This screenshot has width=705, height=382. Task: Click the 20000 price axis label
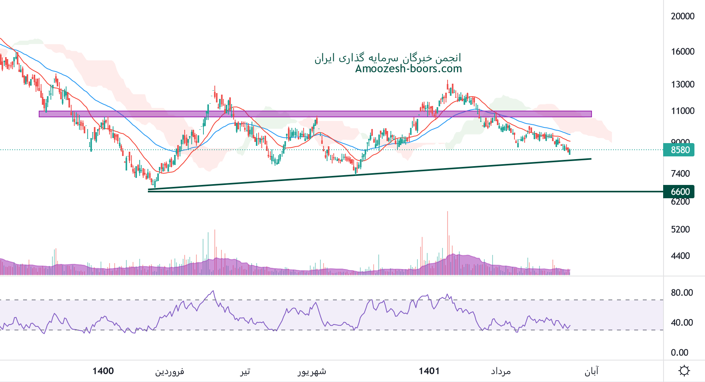(x=682, y=16)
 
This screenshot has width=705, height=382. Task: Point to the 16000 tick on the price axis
(x=682, y=52)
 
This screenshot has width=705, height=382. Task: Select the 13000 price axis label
(x=682, y=84)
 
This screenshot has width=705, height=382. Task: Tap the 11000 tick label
(x=682, y=111)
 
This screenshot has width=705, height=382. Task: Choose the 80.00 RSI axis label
(x=682, y=293)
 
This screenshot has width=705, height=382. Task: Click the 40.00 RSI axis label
(x=682, y=323)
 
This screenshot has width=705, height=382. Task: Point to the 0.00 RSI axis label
(x=679, y=353)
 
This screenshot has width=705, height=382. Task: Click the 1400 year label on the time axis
(x=103, y=371)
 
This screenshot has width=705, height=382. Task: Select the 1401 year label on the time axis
(x=429, y=371)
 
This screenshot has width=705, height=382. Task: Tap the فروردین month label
(x=169, y=371)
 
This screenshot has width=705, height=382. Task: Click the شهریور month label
(x=312, y=371)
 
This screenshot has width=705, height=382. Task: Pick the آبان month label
(x=592, y=371)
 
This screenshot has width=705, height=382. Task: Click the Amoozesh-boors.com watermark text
(x=408, y=69)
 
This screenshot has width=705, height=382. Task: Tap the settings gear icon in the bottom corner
(x=684, y=371)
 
